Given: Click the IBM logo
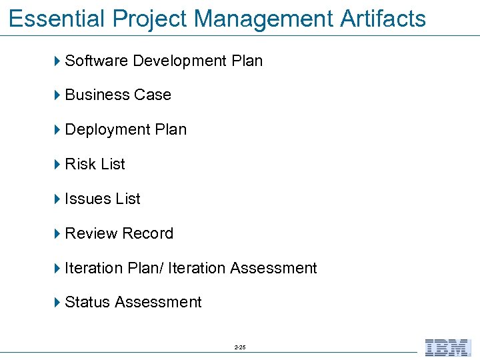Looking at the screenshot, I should (447, 348).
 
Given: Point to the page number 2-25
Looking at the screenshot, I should (240, 348).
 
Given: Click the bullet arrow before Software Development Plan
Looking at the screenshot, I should (57, 61).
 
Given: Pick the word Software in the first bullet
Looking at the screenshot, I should (97, 61).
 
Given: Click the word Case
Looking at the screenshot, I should (153, 95).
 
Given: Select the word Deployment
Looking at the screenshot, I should (107, 129).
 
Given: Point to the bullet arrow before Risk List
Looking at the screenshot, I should (57, 164).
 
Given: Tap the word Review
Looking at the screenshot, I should (89, 233).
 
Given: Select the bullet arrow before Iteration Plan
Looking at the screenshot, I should (57, 268).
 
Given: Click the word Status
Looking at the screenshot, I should (87, 303).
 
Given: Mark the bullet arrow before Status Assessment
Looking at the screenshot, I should (57, 303).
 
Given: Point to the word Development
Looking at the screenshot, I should (179, 61).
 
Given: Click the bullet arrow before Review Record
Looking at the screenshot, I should (57, 233).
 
